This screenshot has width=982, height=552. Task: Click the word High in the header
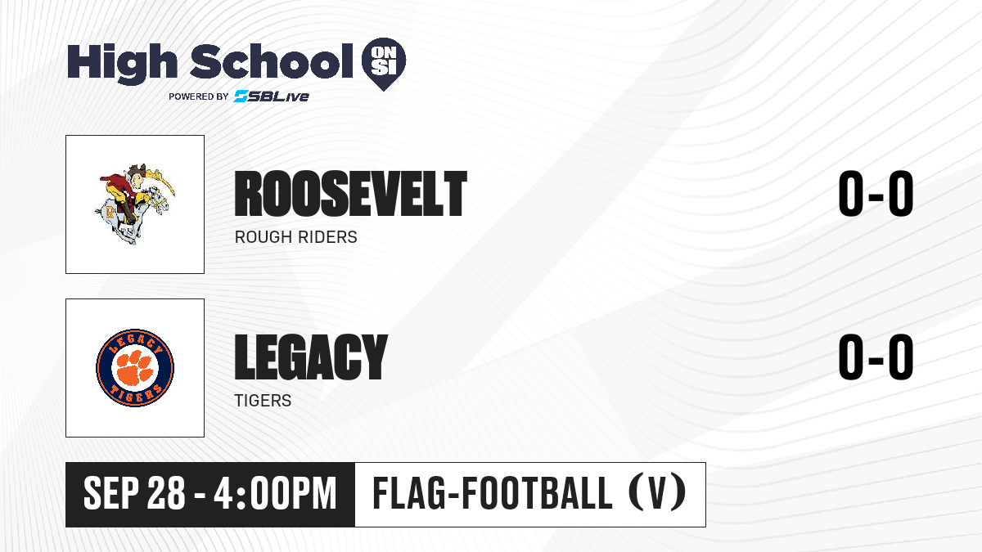(x=123, y=63)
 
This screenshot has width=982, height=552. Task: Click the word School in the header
(x=272, y=62)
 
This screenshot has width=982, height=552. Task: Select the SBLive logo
(x=272, y=96)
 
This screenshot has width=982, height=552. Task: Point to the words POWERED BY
(x=199, y=96)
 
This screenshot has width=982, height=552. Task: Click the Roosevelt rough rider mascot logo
(x=135, y=204)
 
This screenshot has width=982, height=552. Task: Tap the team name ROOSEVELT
(x=351, y=194)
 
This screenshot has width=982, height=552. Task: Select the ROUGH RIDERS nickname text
(x=296, y=237)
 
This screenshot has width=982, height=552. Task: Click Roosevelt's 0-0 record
(x=876, y=194)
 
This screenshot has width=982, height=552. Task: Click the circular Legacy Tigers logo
(x=135, y=368)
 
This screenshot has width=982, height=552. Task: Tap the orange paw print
(x=135, y=367)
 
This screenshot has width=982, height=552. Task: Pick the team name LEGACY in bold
(x=311, y=357)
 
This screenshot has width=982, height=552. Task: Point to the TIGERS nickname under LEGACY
(x=263, y=401)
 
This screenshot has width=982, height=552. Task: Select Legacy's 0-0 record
(x=876, y=357)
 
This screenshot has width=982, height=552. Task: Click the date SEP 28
(x=134, y=493)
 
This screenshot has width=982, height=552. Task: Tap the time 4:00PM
(x=275, y=493)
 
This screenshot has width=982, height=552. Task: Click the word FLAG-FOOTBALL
(x=492, y=492)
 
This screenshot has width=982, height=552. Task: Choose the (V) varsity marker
(x=657, y=492)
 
